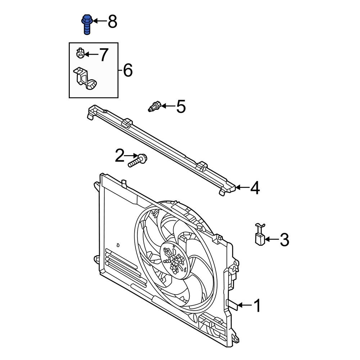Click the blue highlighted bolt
click(x=87, y=24)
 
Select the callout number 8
click(x=112, y=22)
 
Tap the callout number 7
click(x=103, y=55)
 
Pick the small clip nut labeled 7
click(x=81, y=54)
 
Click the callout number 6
click(x=128, y=70)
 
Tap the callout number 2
click(x=119, y=156)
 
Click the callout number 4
click(x=255, y=188)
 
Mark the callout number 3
click(x=284, y=240)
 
